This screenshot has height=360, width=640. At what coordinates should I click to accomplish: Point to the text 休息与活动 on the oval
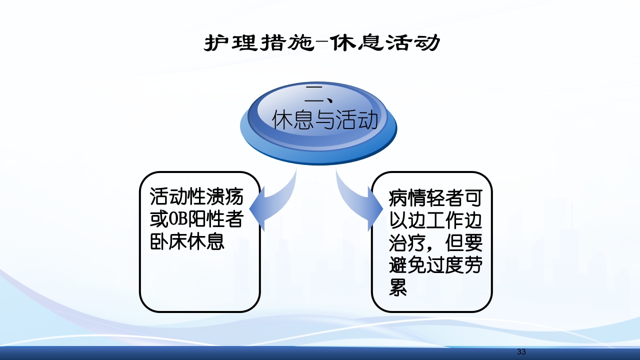(x=324, y=120)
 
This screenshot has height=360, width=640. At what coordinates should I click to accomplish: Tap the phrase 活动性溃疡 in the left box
(x=196, y=197)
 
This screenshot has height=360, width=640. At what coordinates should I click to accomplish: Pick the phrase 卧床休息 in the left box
(x=187, y=242)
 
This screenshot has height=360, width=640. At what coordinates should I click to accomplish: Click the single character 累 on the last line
(x=398, y=288)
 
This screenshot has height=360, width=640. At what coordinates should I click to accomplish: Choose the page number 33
(x=521, y=352)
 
